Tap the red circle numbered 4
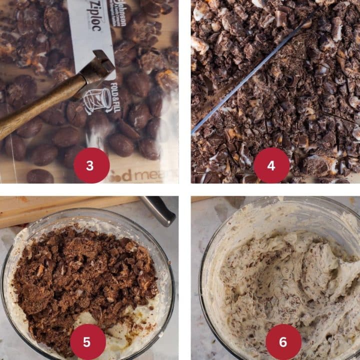click(271, 165)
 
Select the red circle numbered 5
click(88, 342)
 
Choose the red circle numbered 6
click(283, 342)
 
